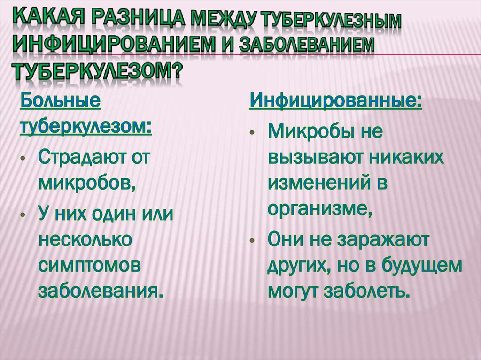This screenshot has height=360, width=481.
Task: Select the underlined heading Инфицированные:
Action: click(x=336, y=100)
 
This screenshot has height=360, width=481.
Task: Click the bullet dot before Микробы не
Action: click(x=252, y=133)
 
